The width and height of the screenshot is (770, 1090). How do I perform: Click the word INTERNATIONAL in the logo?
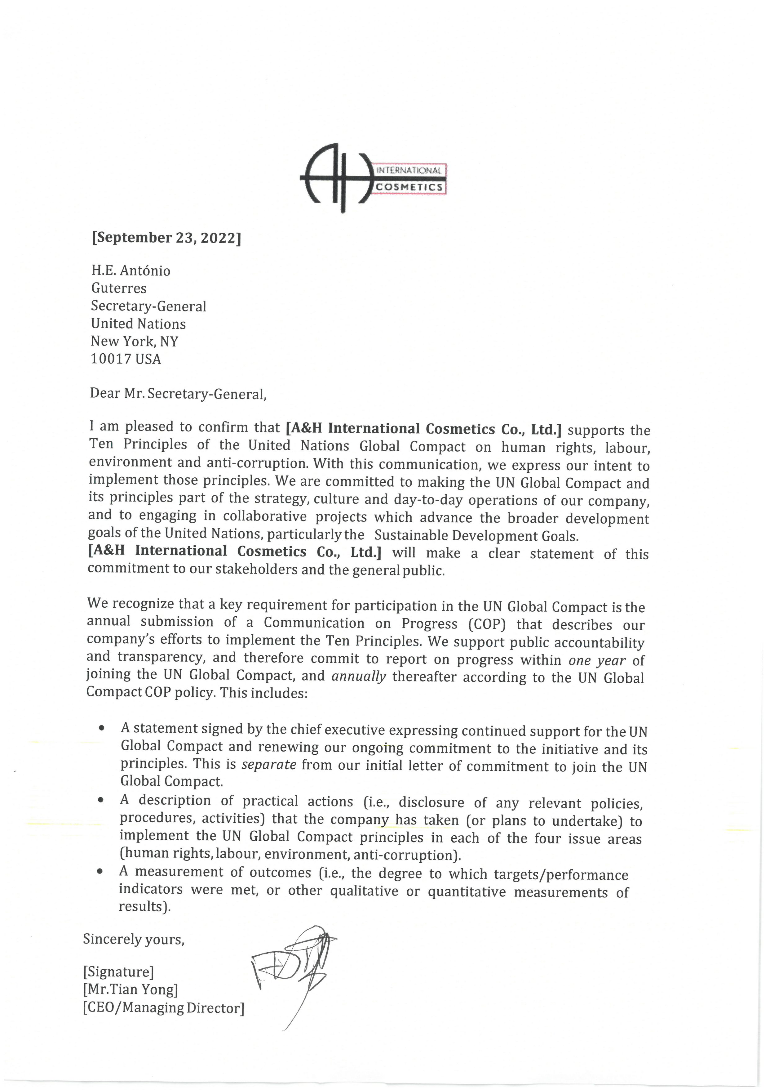(x=409, y=170)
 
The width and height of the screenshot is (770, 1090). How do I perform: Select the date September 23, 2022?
(x=166, y=237)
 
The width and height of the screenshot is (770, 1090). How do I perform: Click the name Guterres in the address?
(x=119, y=288)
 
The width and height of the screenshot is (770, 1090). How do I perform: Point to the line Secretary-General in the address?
(x=148, y=306)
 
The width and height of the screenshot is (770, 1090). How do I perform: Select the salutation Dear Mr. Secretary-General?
(x=178, y=394)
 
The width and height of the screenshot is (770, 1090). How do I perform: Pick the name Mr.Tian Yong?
(x=131, y=990)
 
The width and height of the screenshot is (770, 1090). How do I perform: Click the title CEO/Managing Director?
(x=164, y=1008)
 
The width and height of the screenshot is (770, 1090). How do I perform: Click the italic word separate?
(x=269, y=765)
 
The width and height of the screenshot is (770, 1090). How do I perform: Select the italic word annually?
(x=359, y=676)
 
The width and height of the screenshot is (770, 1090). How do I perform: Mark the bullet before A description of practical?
(x=100, y=800)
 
